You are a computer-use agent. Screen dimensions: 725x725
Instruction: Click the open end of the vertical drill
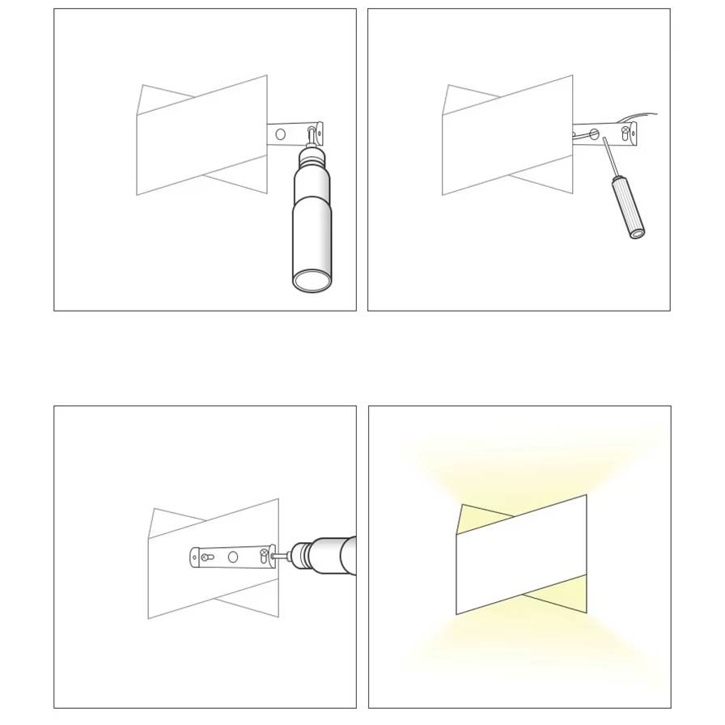(312, 281)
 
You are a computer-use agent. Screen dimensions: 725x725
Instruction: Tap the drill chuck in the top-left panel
(312, 155)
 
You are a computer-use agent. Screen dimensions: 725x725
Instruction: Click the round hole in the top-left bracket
(281, 134)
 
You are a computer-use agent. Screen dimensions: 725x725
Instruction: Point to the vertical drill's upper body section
(312, 183)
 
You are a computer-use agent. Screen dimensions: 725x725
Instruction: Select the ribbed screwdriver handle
(627, 206)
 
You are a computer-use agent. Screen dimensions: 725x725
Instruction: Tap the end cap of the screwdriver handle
(638, 233)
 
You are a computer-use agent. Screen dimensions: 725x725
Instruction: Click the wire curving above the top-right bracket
(639, 116)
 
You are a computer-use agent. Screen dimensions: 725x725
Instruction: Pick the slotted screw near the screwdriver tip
(594, 134)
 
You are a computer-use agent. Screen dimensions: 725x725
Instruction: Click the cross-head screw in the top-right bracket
(625, 130)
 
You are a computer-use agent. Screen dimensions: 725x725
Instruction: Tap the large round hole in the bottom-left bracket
(233, 557)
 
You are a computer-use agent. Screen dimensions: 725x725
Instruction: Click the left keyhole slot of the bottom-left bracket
(207, 557)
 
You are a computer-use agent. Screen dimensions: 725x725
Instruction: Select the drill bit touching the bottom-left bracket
(282, 556)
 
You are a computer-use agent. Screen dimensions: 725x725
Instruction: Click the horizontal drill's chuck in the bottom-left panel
(302, 555)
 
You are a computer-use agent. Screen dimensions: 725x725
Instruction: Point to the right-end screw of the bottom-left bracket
(264, 554)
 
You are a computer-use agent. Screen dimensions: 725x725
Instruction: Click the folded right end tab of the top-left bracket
(320, 134)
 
